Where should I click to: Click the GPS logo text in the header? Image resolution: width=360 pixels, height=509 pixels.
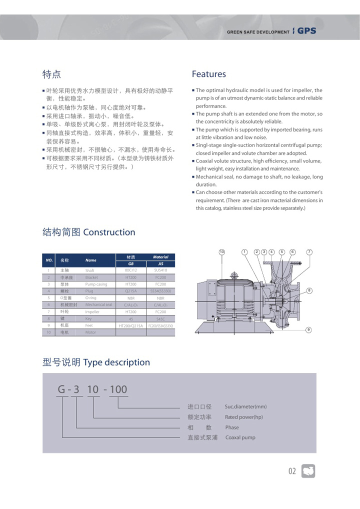pyautogui.click(x=306, y=31)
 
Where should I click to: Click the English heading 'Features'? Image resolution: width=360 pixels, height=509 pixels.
pyautogui.click(x=208, y=74)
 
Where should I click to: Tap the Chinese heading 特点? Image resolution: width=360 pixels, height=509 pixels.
pyautogui.click(x=51, y=74)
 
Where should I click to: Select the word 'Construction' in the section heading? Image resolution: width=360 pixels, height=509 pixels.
pyautogui.click(x=109, y=232)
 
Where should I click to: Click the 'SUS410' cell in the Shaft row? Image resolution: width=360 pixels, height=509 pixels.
pyautogui.click(x=160, y=270)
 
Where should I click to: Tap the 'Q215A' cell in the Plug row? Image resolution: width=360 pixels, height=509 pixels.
pyautogui.click(x=130, y=291)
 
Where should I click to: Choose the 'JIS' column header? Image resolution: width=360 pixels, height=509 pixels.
pyautogui.click(x=160, y=263)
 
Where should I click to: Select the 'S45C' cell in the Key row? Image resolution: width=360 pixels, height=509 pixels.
pyautogui.click(x=160, y=318)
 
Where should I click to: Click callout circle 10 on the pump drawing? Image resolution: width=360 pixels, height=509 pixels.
pyautogui.click(x=222, y=251)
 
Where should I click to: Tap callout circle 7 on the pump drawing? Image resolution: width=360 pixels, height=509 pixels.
pyautogui.click(x=309, y=251)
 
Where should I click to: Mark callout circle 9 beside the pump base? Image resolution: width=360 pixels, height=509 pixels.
pyautogui.click(x=309, y=329)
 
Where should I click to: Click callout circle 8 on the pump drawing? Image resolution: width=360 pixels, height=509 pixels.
pyautogui.click(x=309, y=290)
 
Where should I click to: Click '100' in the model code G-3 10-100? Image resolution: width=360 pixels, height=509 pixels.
pyautogui.click(x=119, y=389)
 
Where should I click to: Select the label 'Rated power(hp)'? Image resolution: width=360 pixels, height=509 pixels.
pyautogui.click(x=243, y=417)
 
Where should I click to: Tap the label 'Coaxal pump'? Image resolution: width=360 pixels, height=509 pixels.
pyautogui.click(x=240, y=437)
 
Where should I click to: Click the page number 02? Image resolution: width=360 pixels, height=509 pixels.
pyautogui.click(x=292, y=471)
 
